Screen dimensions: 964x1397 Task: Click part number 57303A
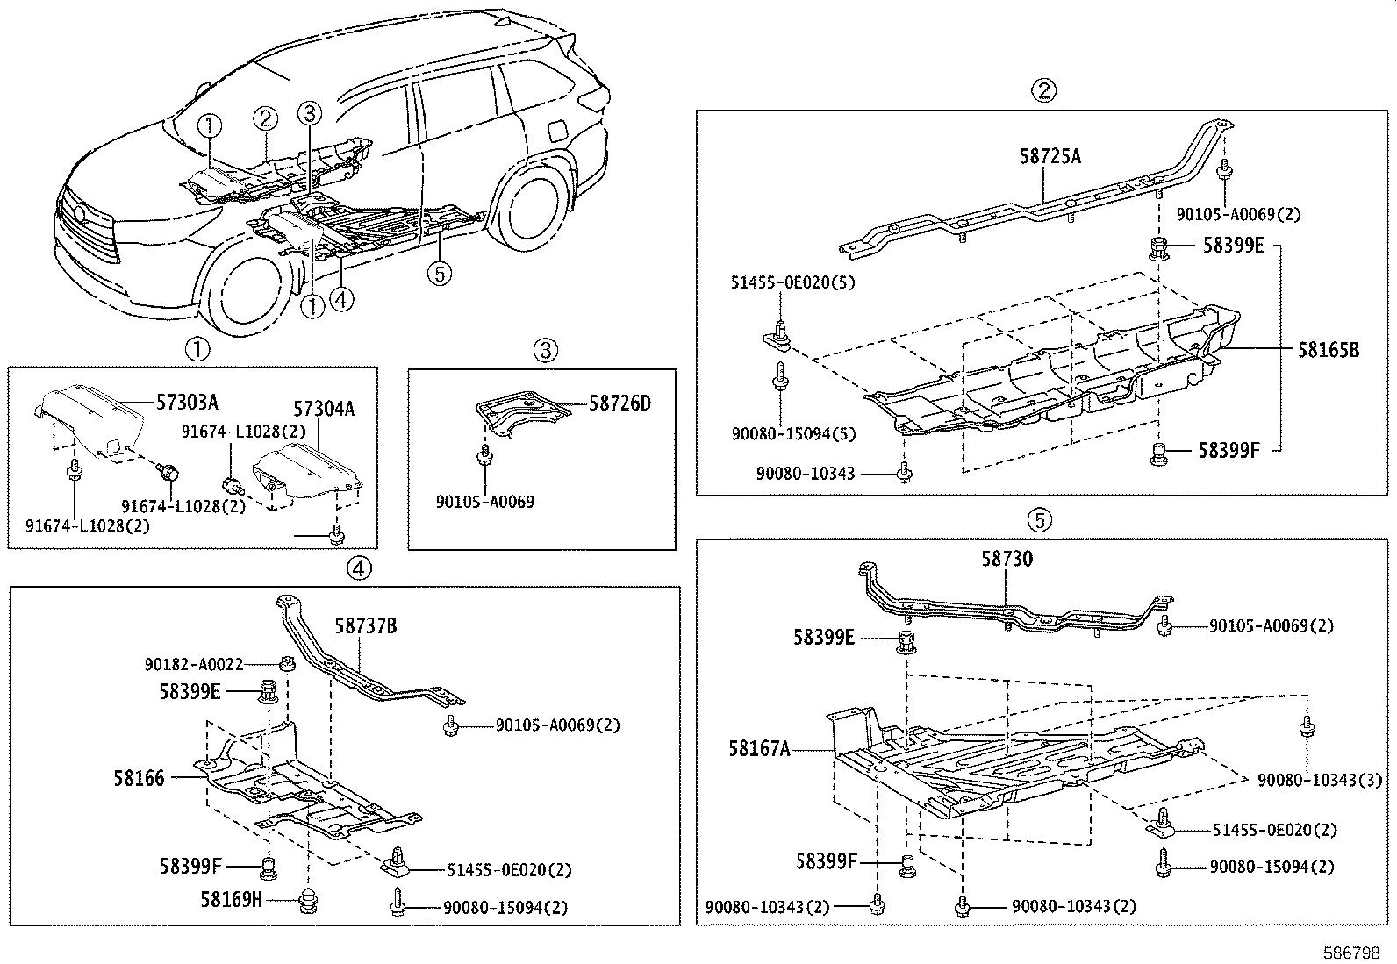click(x=187, y=403)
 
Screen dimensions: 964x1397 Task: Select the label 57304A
click(x=324, y=409)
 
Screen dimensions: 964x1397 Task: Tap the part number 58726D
click(x=620, y=403)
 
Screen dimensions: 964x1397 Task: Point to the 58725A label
click(x=1050, y=157)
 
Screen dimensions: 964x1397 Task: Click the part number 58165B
click(x=1329, y=350)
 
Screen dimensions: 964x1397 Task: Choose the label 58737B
click(x=365, y=626)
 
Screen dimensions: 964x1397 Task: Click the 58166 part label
click(x=139, y=778)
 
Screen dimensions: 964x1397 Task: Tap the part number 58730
click(x=1007, y=560)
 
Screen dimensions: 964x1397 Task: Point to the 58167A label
click(x=759, y=749)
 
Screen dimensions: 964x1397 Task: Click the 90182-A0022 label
click(x=193, y=666)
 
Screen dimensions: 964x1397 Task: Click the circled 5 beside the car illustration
click(x=440, y=274)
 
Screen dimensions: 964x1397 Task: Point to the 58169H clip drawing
click(x=308, y=900)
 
